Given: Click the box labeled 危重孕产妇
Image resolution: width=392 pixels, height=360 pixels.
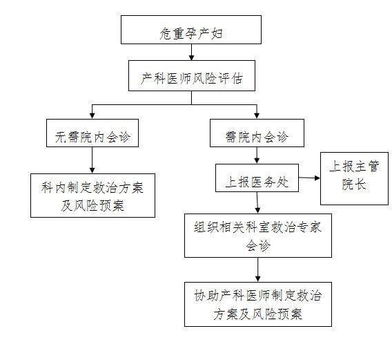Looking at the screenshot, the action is (x=191, y=30).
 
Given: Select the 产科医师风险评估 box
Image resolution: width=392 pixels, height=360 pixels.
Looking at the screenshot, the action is (x=192, y=75).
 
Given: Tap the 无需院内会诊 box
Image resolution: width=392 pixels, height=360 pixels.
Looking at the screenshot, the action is (x=92, y=133).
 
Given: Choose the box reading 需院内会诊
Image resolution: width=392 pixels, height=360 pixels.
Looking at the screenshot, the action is (x=257, y=133).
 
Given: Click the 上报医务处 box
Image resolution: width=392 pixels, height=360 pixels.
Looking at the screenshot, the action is (x=257, y=178).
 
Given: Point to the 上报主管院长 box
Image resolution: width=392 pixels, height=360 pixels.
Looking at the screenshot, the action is (x=354, y=178).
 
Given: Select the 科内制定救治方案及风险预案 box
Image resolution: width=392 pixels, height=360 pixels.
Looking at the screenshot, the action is (x=92, y=196).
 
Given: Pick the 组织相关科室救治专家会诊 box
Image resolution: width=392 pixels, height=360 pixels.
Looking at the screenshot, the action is (x=258, y=236).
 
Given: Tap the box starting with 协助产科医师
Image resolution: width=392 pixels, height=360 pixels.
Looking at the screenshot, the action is (x=258, y=305).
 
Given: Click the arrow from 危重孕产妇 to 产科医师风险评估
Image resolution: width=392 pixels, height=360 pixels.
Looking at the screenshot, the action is (x=191, y=53).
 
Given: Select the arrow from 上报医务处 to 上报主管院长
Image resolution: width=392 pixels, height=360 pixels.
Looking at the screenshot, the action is (x=309, y=178).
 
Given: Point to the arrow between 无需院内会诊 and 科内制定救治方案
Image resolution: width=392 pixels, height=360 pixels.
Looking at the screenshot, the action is (x=92, y=160).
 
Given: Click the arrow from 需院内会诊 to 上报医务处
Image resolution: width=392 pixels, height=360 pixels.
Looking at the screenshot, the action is (x=257, y=155).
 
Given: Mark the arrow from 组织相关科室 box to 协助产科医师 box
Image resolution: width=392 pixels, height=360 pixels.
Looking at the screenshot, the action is (x=258, y=270).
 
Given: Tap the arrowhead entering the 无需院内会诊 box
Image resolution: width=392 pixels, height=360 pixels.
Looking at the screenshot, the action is (x=92, y=115).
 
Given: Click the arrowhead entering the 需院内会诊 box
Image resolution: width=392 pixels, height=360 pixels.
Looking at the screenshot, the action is (x=257, y=115).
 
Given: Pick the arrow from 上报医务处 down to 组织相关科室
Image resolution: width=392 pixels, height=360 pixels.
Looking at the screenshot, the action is (x=257, y=202).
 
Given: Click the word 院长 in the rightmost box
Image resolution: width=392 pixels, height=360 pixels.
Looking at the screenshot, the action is (x=354, y=184).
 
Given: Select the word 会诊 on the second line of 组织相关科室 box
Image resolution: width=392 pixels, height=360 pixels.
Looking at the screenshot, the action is (x=258, y=245).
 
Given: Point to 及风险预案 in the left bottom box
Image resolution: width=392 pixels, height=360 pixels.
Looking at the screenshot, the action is (x=92, y=206).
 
